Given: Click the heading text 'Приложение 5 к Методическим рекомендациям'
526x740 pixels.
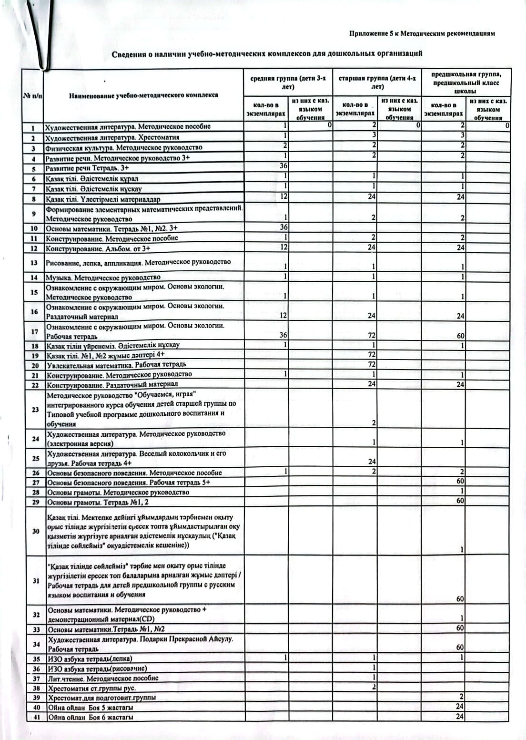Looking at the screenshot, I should (x=422, y=34).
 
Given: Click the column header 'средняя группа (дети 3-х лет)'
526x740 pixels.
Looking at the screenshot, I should (x=288, y=82).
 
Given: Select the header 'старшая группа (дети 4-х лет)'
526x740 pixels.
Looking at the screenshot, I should (x=377, y=82).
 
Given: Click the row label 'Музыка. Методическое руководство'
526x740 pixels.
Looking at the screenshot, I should (x=103, y=277).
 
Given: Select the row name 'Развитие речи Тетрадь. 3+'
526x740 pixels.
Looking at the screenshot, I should (x=87, y=168).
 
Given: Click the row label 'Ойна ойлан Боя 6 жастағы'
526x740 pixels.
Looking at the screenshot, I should (x=91, y=717).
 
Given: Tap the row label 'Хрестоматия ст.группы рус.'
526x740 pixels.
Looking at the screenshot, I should (x=91, y=688).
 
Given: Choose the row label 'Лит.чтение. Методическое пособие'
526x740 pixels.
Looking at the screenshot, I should (x=103, y=678).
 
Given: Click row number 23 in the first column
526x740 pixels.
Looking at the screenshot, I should (x=35, y=409).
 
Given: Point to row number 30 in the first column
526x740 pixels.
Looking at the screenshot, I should (x=35, y=531).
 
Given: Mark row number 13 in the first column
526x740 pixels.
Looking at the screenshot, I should (x=33, y=263).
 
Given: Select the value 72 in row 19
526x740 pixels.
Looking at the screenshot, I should (x=372, y=355).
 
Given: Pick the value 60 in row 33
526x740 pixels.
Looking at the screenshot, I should (x=460, y=628).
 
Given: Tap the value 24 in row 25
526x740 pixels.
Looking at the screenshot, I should (x=372, y=462).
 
